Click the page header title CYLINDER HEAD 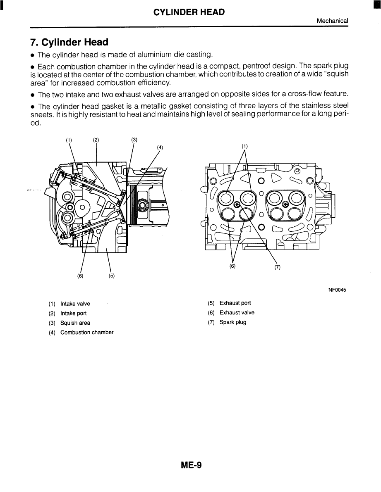[189, 12]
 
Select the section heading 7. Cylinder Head [69, 42]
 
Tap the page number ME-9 [191, 465]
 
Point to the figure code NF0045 [337, 290]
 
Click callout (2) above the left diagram [96, 140]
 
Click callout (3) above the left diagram [134, 140]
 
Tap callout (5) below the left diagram [112, 276]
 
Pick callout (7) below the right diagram [277, 267]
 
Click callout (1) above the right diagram [244, 146]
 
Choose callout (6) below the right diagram [232, 266]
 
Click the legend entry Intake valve [75, 304]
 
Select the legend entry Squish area [75, 323]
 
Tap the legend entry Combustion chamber [87, 333]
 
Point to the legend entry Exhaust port [235, 303]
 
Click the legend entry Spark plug [233, 322]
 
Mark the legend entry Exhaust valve [237, 313]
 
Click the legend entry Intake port [73, 314]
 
